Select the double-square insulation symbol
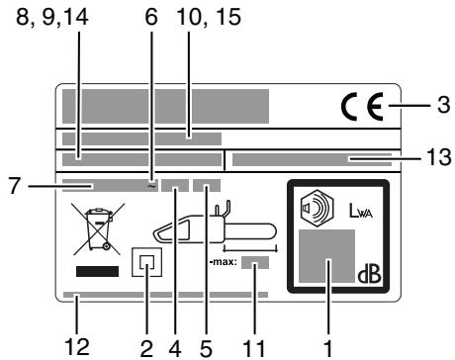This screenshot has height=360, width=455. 146,264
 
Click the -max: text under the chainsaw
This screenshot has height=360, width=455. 224,263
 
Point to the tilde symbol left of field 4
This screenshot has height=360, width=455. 151,183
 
